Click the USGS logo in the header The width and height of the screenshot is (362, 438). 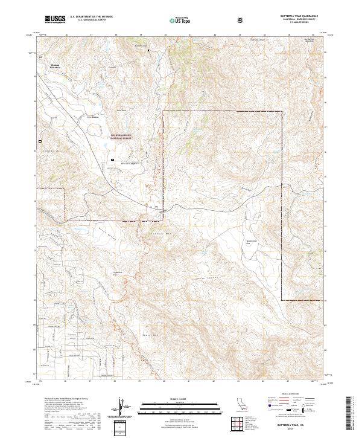click(x=55, y=19)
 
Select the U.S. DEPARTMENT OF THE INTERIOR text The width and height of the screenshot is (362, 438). click(x=91, y=16)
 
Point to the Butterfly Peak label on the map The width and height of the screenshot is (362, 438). click(x=140, y=45)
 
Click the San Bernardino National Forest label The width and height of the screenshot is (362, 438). click(x=121, y=137)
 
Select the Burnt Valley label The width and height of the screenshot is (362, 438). click(x=89, y=232)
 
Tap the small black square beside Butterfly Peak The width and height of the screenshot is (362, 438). click(x=149, y=50)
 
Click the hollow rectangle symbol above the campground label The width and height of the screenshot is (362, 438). click(x=112, y=159)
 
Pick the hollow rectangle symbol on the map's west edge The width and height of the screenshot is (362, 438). click(x=40, y=141)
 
